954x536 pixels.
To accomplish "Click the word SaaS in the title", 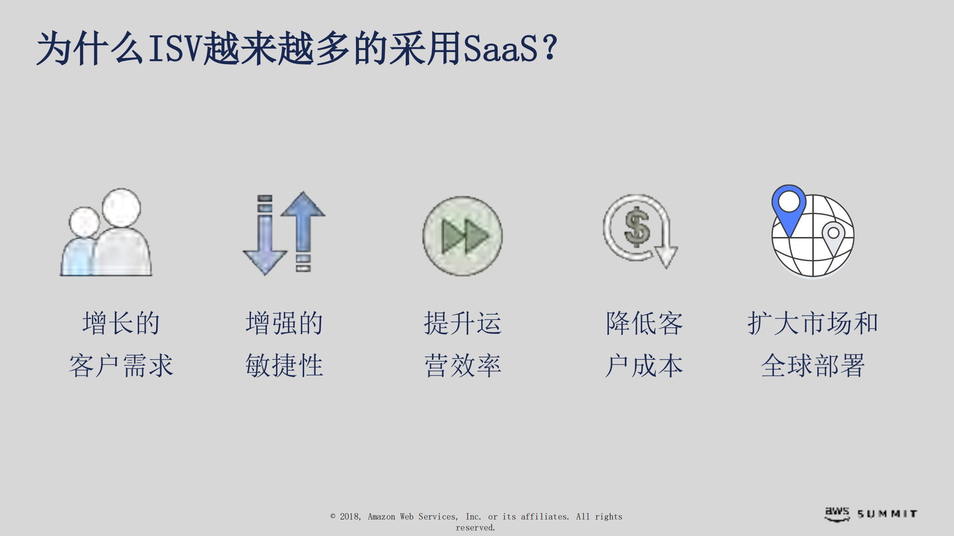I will tap(500, 49).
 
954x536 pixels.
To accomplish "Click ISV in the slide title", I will tap(175, 49).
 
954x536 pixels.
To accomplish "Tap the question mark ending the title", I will tap(550, 48).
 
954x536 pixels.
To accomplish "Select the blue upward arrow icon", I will tap(303, 219).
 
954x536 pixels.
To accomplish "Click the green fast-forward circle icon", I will tap(462, 236).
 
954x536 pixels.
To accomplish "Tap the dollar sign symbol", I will tap(637, 228).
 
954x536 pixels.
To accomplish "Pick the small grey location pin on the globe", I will tap(833, 236).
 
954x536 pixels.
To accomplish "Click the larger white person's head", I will tap(121, 207).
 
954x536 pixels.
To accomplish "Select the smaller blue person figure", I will tap(80, 248).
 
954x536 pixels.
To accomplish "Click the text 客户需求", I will tap(121, 366).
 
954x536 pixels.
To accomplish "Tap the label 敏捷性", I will tap(284, 366).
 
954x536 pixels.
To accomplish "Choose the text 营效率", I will tap(463, 366).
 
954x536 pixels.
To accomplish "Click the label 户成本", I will tap(644, 366).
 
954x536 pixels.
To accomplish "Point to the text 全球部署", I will tap(813, 366).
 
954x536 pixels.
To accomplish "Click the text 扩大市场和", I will tap(813, 323).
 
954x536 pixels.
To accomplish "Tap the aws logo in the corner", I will tap(837, 514).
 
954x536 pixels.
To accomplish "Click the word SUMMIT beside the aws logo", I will tap(887, 514).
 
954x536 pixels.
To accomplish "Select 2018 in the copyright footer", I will tap(349, 517).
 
